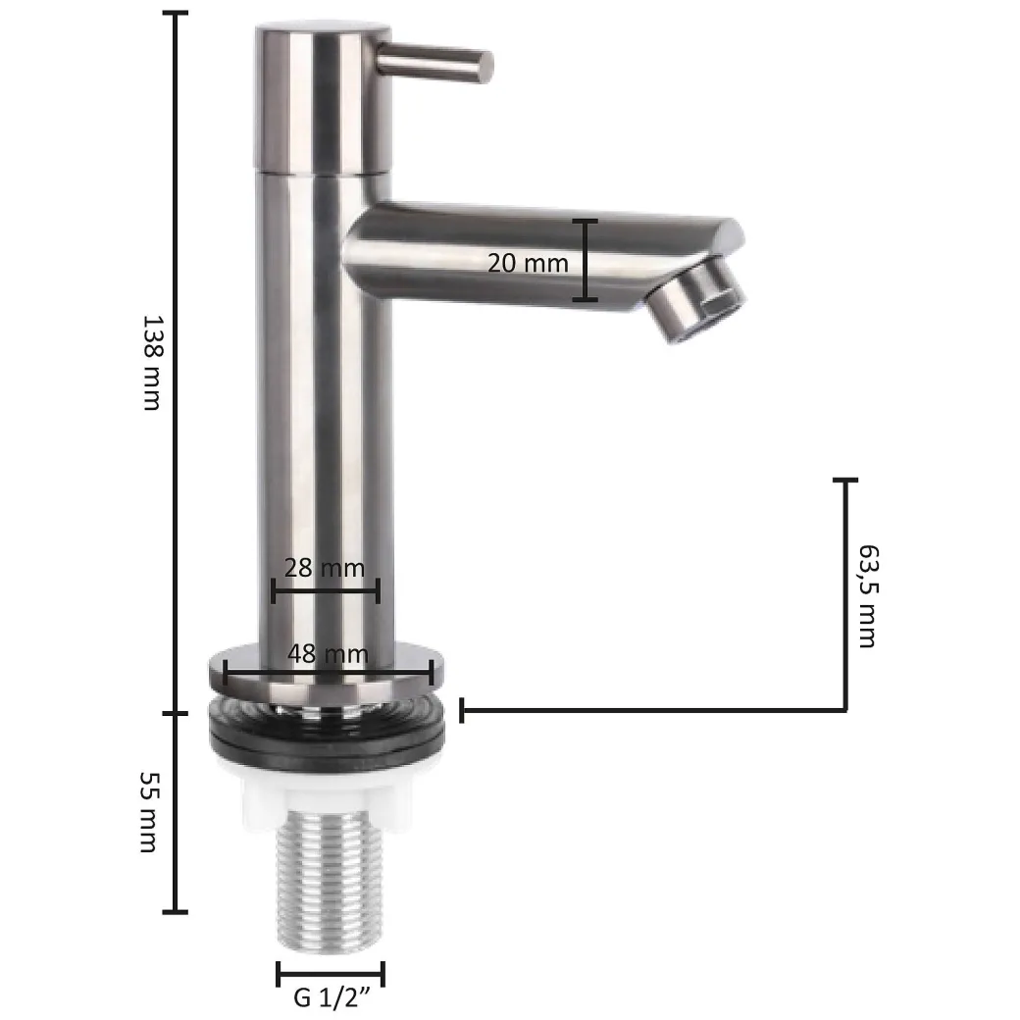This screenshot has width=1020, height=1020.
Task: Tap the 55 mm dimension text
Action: click(150, 812)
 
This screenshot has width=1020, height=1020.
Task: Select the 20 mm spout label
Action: click(528, 263)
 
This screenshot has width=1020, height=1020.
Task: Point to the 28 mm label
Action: click(324, 568)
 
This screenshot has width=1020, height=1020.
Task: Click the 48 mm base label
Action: click(328, 654)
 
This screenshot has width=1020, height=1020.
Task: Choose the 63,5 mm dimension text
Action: click(869, 596)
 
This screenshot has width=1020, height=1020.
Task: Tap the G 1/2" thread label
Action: click(331, 996)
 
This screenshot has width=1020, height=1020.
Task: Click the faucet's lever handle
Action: click(434, 63)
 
